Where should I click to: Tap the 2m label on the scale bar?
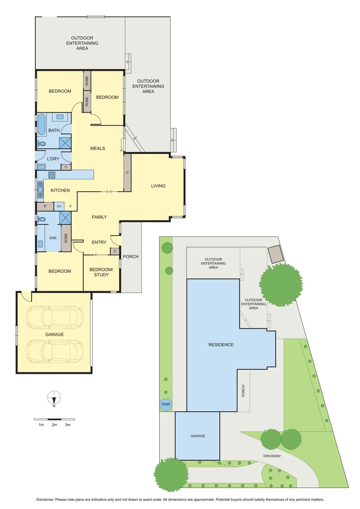click(x=54, y=425)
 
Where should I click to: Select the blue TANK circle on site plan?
click(x=166, y=404)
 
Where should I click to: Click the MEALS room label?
click(x=98, y=148)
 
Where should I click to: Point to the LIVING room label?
click(x=158, y=186)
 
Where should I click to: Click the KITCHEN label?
click(x=60, y=190)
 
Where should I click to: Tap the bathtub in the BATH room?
click(x=41, y=123)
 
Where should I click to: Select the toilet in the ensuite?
click(x=41, y=219)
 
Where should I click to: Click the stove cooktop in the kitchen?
click(x=51, y=175)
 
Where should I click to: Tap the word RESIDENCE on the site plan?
click(x=221, y=345)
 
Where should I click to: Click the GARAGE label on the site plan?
click(x=197, y=436)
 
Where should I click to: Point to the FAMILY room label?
click(x=99, y=217)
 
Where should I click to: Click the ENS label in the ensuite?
click(x=52, y=238)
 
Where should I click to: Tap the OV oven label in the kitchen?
click(x=59, y=206)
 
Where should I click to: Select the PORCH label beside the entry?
click(x=131, y=257)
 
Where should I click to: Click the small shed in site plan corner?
click(x=275, y=254)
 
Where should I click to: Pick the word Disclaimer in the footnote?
click(x=47, y=499)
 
